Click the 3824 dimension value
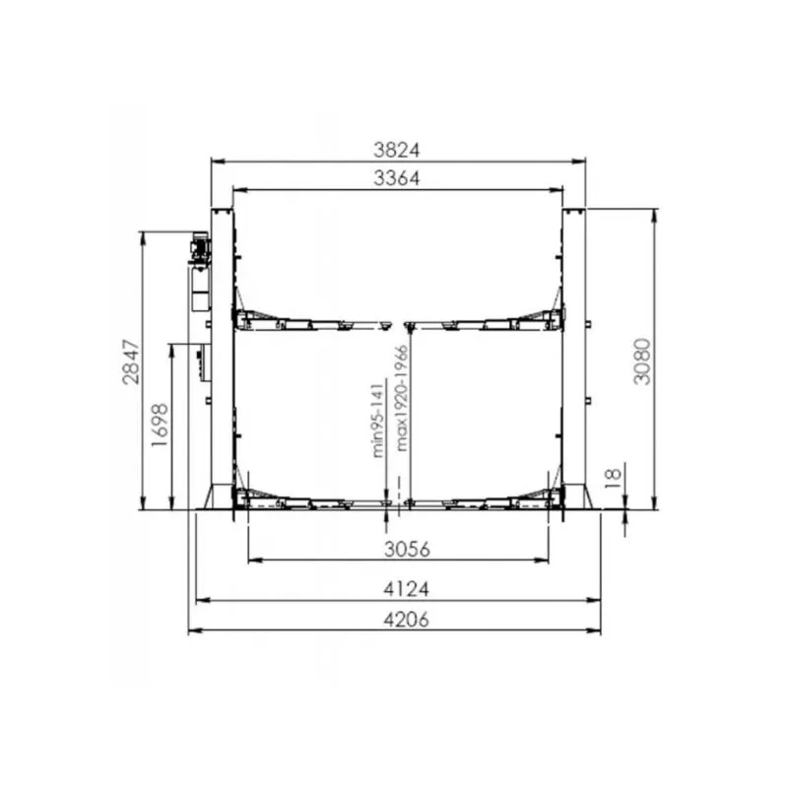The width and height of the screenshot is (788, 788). point(397,150)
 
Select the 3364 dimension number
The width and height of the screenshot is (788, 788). point(397,178)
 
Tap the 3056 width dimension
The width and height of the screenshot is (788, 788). point(407,550)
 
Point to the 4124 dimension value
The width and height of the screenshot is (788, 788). point(407,588)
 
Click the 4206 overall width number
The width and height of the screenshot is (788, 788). point(407,620)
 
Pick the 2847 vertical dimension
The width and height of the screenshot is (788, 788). point(131,361)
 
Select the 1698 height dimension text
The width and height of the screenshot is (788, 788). point(160,425)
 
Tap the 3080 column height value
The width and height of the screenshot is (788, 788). point(642,361)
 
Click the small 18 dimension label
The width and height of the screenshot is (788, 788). point(613,478)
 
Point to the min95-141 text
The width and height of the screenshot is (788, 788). point(377,421)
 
